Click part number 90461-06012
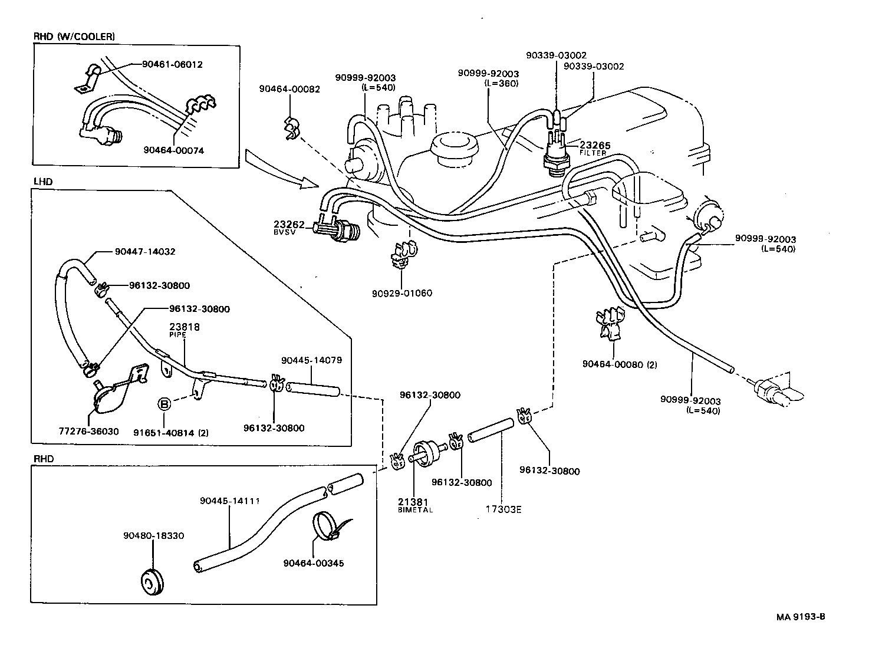pos(172,64)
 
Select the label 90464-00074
pos(173,150)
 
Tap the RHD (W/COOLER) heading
pos(74,37)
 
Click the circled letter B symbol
pos(164,404)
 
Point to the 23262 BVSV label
pos(289,228)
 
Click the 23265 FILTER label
pos(594,148)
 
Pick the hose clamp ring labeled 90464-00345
pos(325,524)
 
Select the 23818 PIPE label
pos(185,330)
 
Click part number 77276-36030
pos(89,431)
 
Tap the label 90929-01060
pos(402,293)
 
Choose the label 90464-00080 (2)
pos(619,364)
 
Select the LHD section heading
pos(43,182)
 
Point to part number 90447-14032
pos(145,252)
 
